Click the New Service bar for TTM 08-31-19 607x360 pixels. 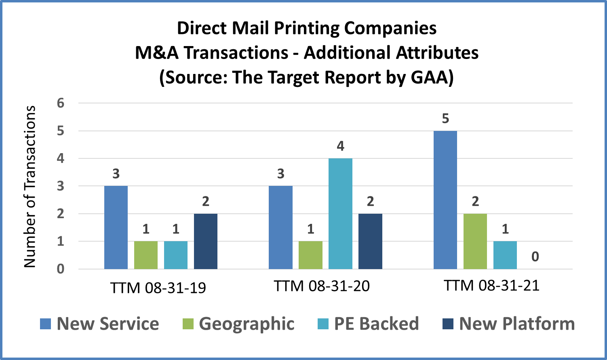coord(116,227)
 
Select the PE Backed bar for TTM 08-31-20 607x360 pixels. coord(340,214)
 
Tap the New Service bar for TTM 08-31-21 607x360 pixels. coord(445,200)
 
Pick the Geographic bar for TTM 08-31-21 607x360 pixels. coord(475,241)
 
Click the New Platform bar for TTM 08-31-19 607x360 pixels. coord(206,241)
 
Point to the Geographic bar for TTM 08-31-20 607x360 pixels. coord(310,255)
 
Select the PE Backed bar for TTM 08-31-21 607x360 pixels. coord(505,255)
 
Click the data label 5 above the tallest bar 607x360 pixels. coord(445,119)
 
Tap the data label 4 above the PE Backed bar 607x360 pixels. coord(340,146)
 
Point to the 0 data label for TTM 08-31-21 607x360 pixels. coord(535,257)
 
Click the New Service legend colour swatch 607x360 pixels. coord(45,324)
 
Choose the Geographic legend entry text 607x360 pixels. coord(247,324)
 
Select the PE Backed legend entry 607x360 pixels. coord(376,324)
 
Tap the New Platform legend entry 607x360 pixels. coord(516,324)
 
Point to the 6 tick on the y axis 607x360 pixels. coord(61,103)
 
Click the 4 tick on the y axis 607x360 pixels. coord(61,158)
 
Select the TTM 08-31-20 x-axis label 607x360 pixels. coord(322,286)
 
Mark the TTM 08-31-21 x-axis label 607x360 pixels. coord(491,285)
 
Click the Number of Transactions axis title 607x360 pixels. coord(30,187)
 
